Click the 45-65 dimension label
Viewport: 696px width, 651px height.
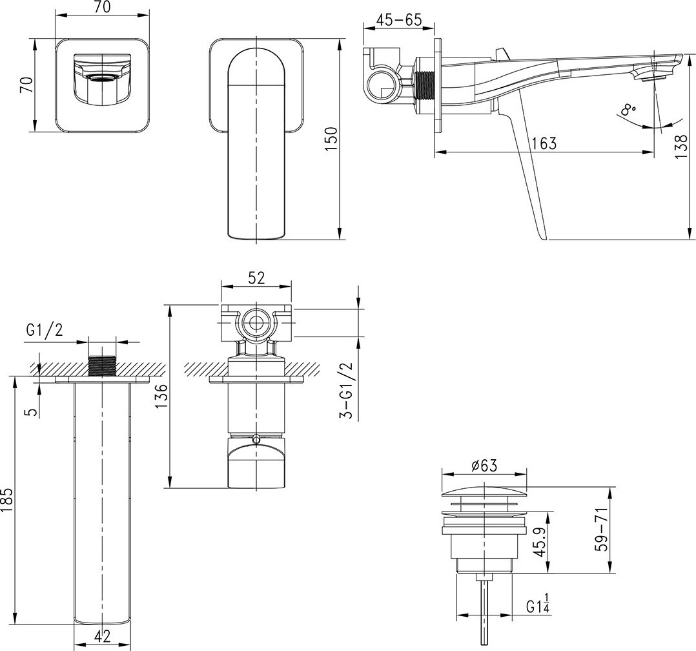[398, 20]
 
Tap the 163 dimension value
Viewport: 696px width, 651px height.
[544, 143]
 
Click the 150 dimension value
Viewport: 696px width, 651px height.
[332, 139]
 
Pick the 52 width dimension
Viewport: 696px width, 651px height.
[256, 278]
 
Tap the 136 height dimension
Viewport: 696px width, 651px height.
[161, 396]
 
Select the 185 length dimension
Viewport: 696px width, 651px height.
[8, 500]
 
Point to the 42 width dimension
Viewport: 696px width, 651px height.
[102, 637]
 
